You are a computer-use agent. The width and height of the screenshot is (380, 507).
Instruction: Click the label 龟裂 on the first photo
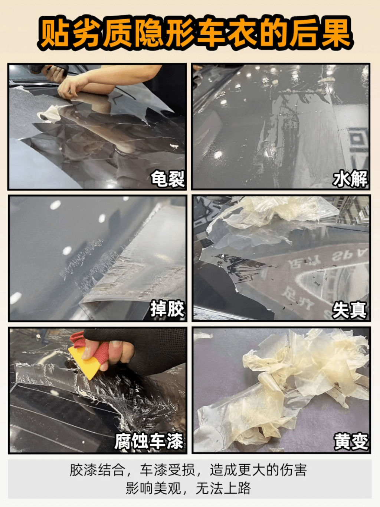[x=167, y=179]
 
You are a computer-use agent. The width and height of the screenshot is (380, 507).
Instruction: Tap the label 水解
[x=350, y=179]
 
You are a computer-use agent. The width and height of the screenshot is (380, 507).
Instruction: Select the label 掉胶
[x=167, y=309]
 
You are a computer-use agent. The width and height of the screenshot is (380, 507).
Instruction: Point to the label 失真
[x=349, y=309]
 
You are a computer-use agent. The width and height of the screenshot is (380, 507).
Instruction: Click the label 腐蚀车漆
[x=149, y=441]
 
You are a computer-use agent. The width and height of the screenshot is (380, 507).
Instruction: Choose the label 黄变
[x=351, y=441]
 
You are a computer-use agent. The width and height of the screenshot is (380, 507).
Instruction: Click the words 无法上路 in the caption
[x=223, y=488]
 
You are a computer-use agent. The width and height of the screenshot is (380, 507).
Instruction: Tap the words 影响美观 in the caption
[x=153, y=488]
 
